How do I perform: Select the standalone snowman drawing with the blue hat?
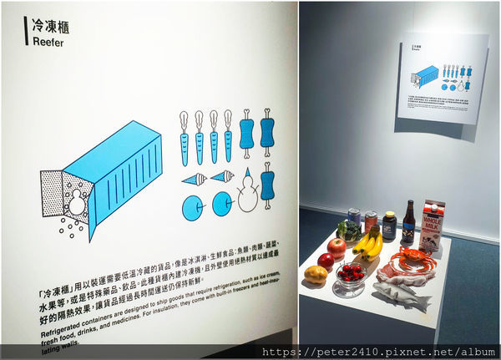click(246, 190)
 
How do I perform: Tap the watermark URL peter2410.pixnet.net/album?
click(380, 352)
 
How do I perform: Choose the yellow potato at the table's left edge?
click(316, 273)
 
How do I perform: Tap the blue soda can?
click(353, 220)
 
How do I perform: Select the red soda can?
click(370, 222)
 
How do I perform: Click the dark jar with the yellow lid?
click(388, 226)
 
